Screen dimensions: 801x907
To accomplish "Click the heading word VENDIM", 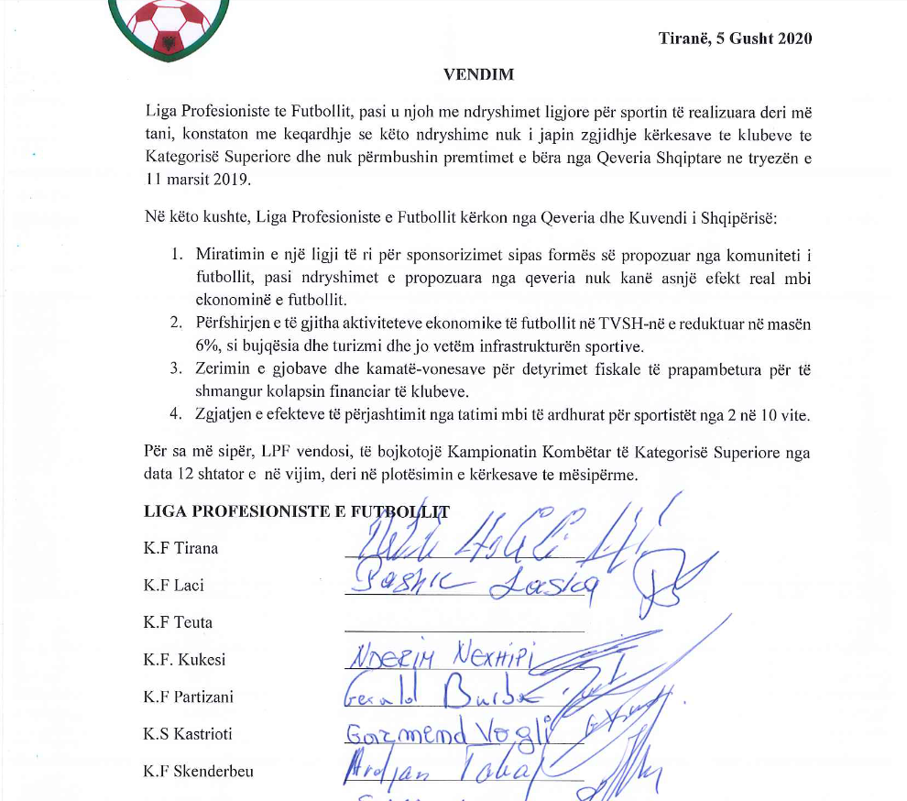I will [x=478, y=75].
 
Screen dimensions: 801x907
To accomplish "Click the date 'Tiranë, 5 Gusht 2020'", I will [x=735, y=38].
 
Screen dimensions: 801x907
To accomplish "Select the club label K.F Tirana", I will [x=180, y=549].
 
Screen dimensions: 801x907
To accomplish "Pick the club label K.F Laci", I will [x=173, y=586].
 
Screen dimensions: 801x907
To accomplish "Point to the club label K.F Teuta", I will [x=178, y=622].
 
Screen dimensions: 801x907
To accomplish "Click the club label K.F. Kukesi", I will [x=184, y=660].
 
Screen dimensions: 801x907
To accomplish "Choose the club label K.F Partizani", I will [x=188, y=697].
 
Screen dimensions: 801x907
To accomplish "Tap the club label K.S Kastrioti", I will [x=188, y=734].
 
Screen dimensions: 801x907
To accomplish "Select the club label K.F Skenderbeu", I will [x=198, y=771].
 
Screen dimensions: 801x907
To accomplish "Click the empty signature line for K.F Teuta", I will [x=464, y=630].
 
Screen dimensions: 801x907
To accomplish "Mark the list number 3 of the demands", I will [x=176, y=368].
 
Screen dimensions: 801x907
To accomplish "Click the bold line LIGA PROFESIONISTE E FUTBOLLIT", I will [x=296, y=512].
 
